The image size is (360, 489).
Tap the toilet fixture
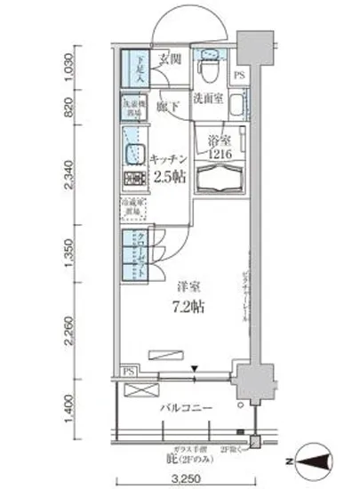207,66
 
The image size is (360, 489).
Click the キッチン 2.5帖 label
168,166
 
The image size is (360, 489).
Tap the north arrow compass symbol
321,461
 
